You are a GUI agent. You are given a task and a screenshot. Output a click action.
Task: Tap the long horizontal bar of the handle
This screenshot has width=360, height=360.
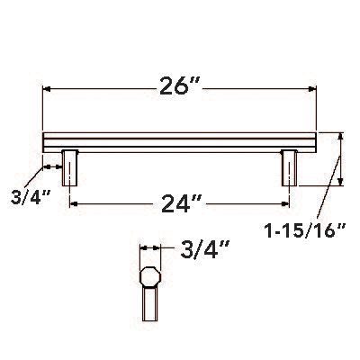180,142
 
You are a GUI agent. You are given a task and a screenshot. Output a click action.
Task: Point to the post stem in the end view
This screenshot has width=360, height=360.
148,306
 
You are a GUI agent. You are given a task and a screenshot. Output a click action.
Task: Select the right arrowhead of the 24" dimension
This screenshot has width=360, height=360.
285,204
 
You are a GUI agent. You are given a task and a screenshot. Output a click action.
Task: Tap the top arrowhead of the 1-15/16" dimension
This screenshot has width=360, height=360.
340,138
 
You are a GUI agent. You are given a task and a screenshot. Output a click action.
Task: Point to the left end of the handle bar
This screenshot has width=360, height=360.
46,142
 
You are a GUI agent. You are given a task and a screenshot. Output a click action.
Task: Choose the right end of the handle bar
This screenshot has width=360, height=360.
316,142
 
